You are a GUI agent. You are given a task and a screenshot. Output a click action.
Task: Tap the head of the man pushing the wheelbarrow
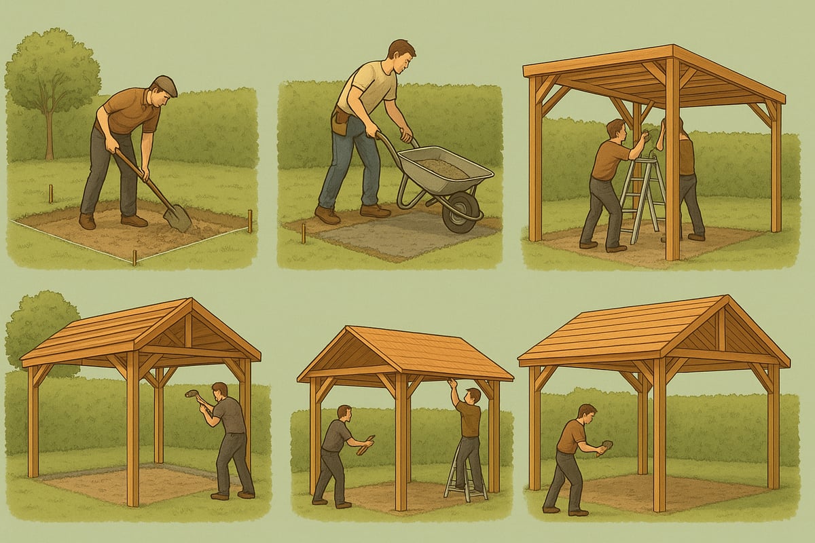[x=401, y=53]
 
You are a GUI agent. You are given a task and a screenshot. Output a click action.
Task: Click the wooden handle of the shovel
[x=139, y=178]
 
